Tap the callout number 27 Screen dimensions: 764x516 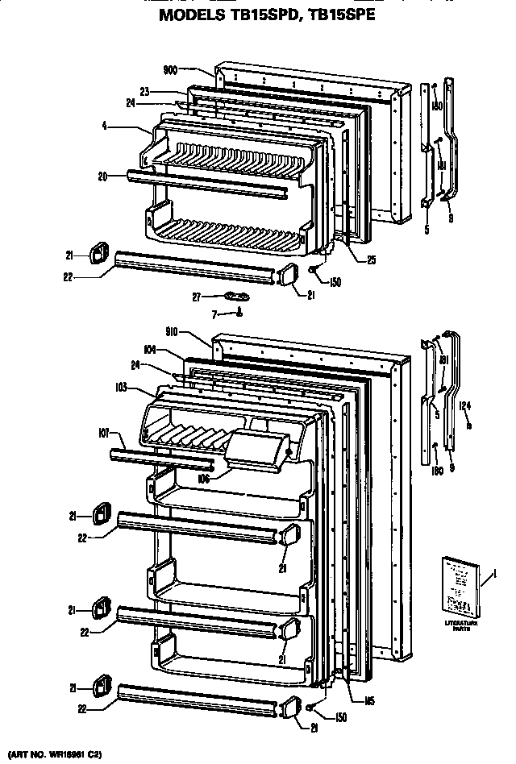point(196,297)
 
